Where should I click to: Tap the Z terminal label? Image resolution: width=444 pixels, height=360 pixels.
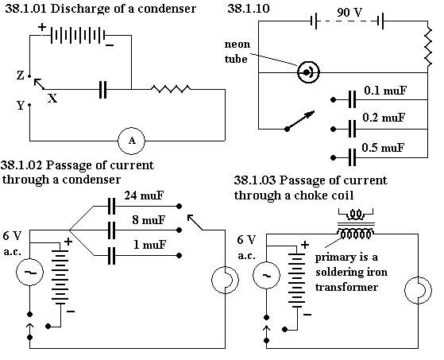click(x=20, y=75)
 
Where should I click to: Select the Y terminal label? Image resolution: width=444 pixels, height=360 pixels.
click(x=21, y=106)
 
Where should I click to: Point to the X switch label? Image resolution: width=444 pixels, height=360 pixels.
click(x=52, y=99)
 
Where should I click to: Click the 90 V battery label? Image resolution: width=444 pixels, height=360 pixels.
click(x=349, y=13)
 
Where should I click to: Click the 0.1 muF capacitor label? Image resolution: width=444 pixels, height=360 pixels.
click(x=385, y=91)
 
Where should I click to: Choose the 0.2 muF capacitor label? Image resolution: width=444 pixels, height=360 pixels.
click(x=384, y=118)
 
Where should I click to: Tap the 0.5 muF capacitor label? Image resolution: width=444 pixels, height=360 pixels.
click(x=383, y=148)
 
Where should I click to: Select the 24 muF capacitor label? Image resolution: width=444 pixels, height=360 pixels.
click(x=144, y=195)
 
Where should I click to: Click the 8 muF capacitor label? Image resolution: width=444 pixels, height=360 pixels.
click(x=149, y=220)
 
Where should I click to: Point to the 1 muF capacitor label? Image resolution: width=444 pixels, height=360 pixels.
click(x=149, y=245)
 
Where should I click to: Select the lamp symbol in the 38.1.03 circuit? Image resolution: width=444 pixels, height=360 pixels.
click(x=418, y=290)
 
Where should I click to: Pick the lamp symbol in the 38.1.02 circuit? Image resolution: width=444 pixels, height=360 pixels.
click(x=225, y=280)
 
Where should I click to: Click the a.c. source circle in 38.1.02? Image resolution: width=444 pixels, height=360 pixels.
click(x=29, y=273)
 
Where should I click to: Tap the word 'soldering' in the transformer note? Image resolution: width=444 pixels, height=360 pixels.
click(x=342, y=273)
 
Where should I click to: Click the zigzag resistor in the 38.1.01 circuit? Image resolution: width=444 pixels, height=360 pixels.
click(x=171, y=89)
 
